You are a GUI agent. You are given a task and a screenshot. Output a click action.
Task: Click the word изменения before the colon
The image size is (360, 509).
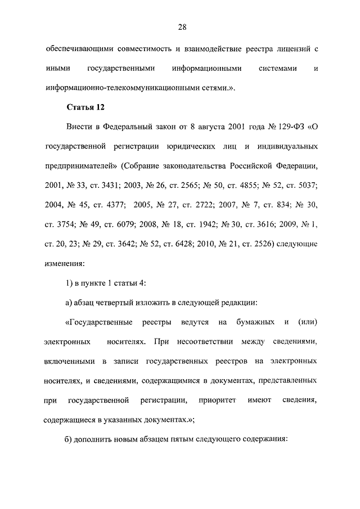pos(65,263)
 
